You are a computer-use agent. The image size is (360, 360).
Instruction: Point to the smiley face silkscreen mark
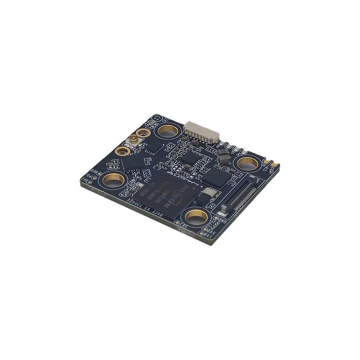(156, 119)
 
